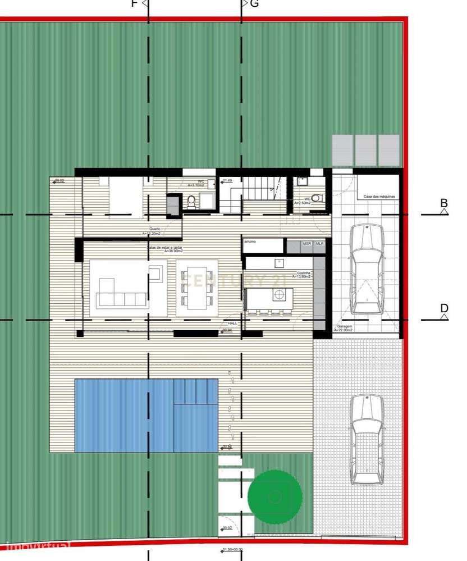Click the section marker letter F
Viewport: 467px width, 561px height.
pos(134,3)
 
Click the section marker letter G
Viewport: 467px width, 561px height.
pos(254,3)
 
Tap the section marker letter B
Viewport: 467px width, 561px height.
pos(444,203)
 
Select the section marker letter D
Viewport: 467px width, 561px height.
pos(444,308)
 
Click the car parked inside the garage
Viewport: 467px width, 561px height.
pos(367,269)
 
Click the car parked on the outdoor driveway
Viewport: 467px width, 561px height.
pos(367,439)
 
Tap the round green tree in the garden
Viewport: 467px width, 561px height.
pos(274,496)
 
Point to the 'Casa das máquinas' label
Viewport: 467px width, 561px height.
pos(379,197)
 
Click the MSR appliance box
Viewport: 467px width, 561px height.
pos(307,244)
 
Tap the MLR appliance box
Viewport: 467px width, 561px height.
pos(319,244)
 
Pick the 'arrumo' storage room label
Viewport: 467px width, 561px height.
pos(250,241)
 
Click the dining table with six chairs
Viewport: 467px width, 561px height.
pos(197,288)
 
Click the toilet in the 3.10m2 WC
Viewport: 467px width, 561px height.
pos(191,202)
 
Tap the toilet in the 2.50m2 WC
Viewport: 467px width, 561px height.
pos(317,198)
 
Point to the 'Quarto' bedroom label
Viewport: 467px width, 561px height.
pos(155,229)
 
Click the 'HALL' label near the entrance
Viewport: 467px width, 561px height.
pos(232,324)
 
